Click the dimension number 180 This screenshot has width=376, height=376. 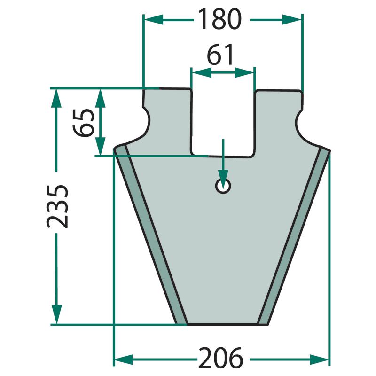[220, 19]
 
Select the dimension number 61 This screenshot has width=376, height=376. [220, 54]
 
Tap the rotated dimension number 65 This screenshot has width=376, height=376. [84, 123]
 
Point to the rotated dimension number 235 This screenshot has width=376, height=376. [57, 206]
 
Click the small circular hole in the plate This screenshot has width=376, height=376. [223, 186]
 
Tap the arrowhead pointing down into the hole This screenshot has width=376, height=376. [223, 178]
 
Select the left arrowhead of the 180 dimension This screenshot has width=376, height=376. [154, 20]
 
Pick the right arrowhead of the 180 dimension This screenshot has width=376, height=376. [291, 20]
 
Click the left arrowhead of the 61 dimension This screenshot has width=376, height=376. [202, 72]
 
